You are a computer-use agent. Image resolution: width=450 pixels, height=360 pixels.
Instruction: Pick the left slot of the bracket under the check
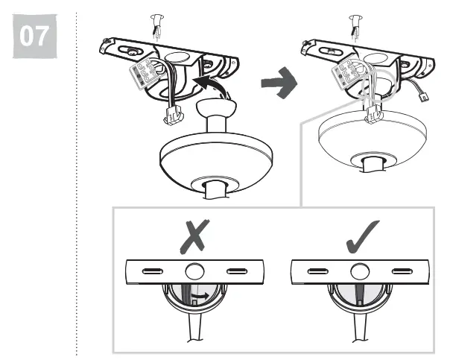(x=316, y=270)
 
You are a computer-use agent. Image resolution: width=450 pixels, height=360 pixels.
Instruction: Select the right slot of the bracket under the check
(x=402, y=270)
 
